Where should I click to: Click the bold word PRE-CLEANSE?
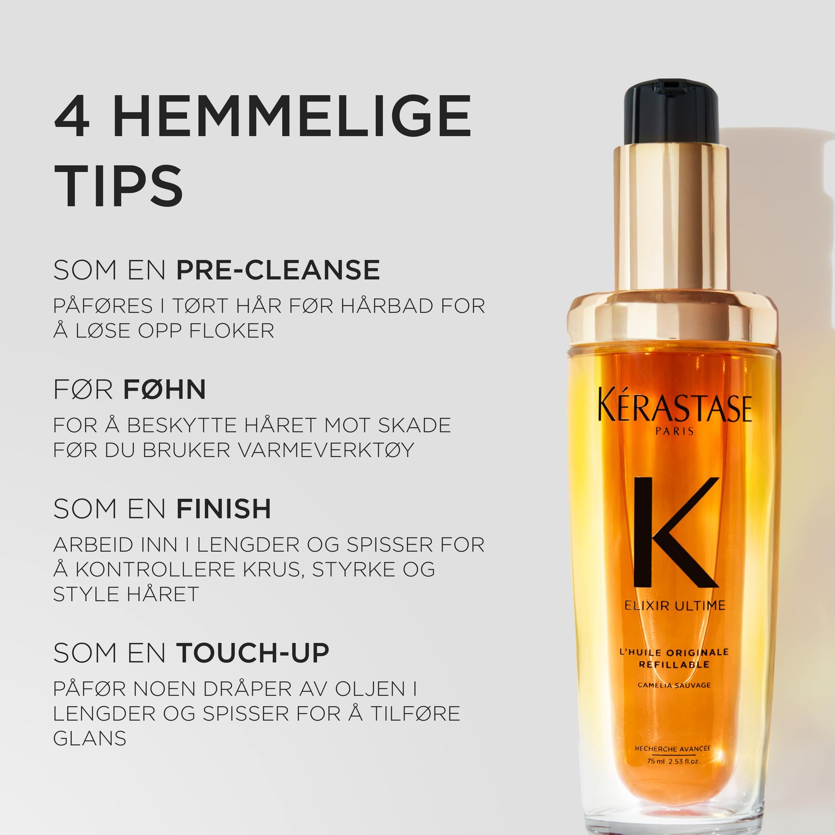click(x=278, y=270)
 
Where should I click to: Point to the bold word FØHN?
click(x=164, y=389)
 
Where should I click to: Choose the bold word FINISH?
click(x=224, y=508)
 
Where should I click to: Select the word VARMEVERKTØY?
click(x=326, y=450)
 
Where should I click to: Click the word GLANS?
click(x=90, y=738)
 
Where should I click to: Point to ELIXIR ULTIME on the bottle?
click(x=675, y=605)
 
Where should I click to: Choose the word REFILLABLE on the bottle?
click(x=674, y=664)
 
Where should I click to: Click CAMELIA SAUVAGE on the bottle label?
click(x=674, y=685)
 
